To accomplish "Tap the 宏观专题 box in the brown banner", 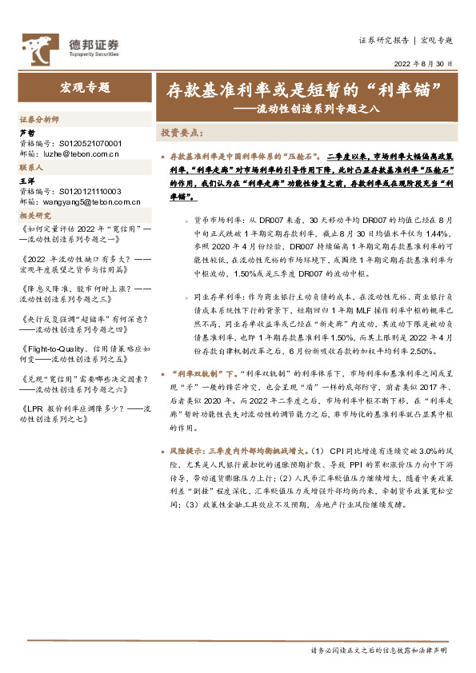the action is [86, 88].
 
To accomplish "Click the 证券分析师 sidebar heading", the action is [39, 118].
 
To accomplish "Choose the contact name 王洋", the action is [26, 181].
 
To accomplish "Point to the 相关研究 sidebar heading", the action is [35, 216].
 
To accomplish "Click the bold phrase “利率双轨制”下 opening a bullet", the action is [199, 372].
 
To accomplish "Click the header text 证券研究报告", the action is [382, 40].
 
